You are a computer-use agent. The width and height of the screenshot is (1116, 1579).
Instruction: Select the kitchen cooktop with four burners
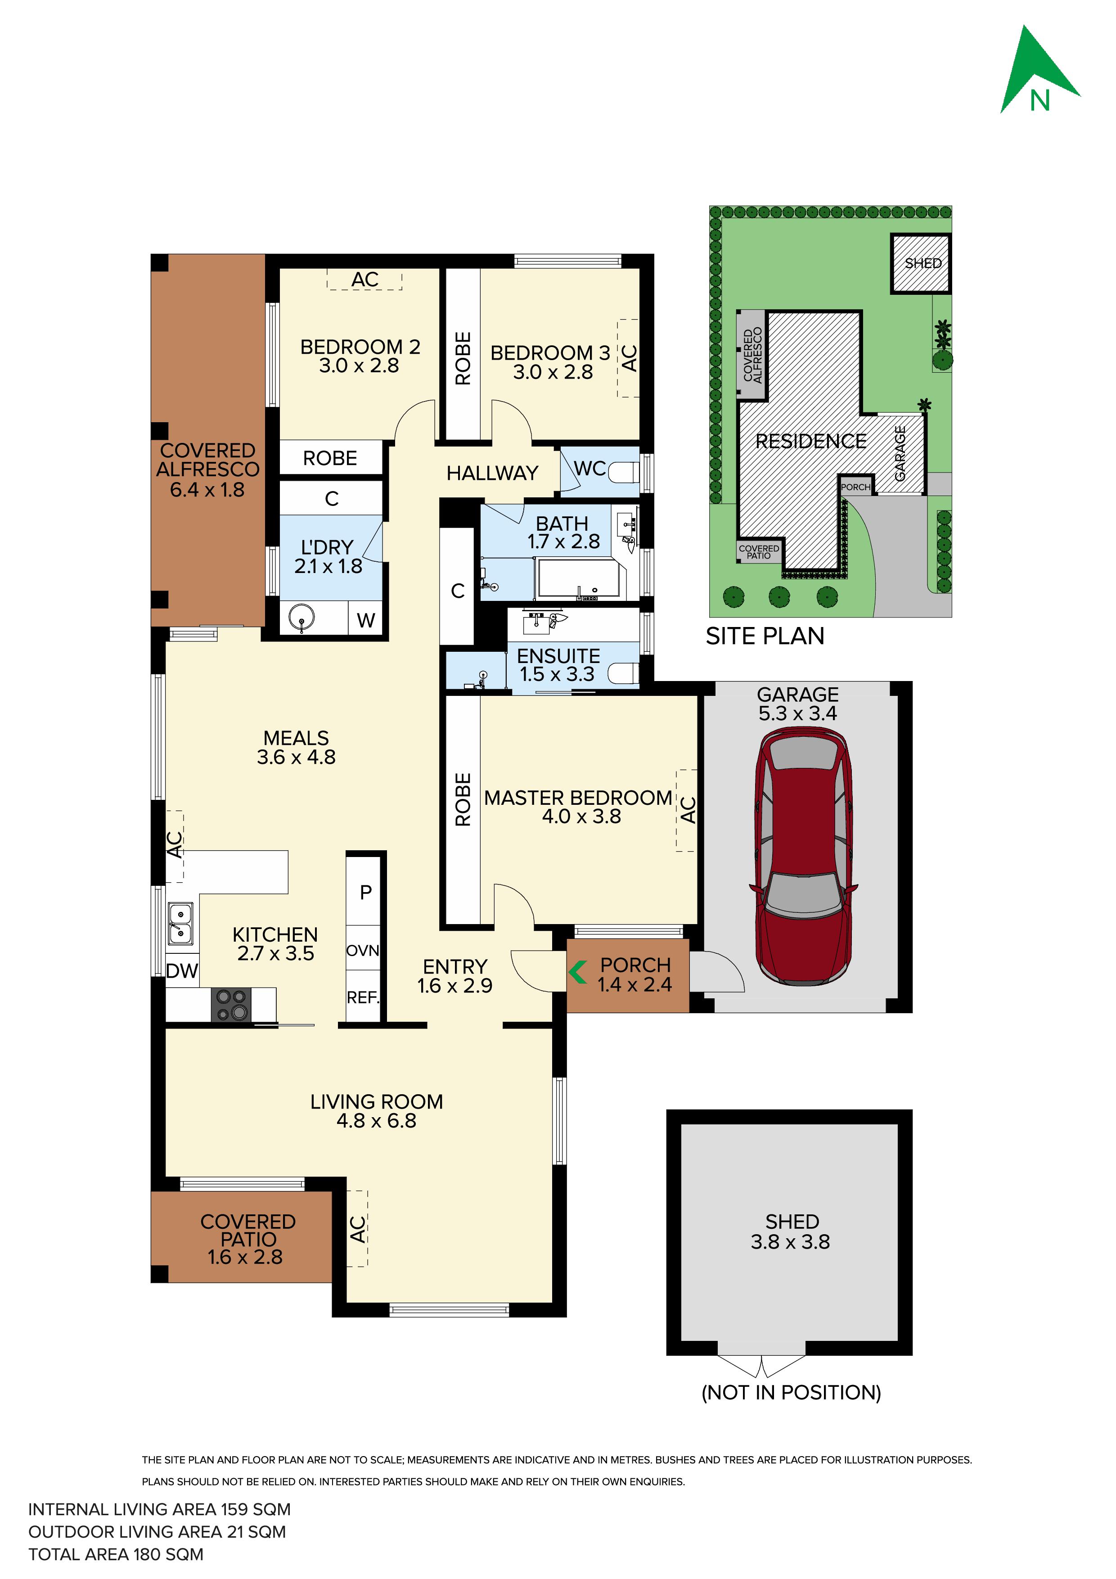click(231, 1005)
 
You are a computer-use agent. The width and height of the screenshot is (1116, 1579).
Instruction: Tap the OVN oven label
click(362, 951)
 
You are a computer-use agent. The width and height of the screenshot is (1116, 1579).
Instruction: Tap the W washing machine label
click(366, 620)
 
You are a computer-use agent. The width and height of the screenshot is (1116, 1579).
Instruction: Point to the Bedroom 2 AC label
click(364, 279)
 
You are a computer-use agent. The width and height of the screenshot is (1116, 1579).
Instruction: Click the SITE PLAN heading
click(765, 636)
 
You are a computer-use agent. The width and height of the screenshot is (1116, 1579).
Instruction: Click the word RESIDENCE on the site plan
click(811, 441)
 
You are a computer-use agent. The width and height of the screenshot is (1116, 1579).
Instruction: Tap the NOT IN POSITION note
click(791, 1393)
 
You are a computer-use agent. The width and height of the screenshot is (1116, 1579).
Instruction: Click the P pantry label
click(366, 892)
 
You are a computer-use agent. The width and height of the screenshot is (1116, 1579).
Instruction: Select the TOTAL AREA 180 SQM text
click(116, 1554)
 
